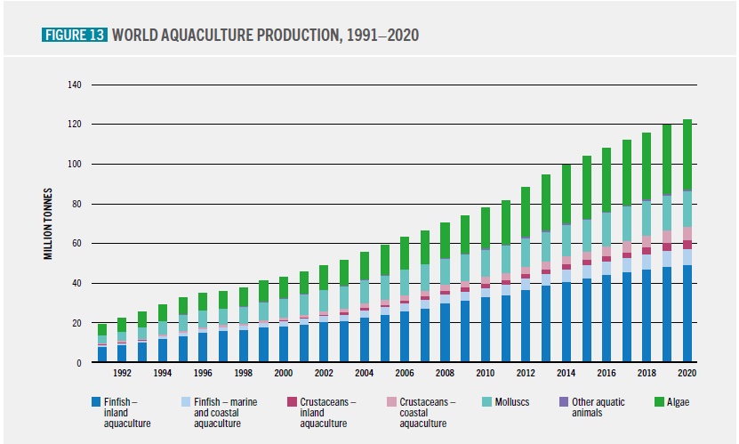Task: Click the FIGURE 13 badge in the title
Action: click(x=75, y=35)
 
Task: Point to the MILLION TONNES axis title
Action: click(x=51, y=224)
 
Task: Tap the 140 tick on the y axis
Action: click(x=74, y=85)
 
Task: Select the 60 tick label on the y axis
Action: click(x=76, y=244)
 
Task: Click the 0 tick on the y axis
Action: click(x=79, y=363)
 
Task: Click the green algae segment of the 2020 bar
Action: click(x=687, y=156)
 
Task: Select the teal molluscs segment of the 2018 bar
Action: click(x=647, y=218)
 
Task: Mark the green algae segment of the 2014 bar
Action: click(x=566, y=195)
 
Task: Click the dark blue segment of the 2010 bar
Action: click(x=486, y=329)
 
